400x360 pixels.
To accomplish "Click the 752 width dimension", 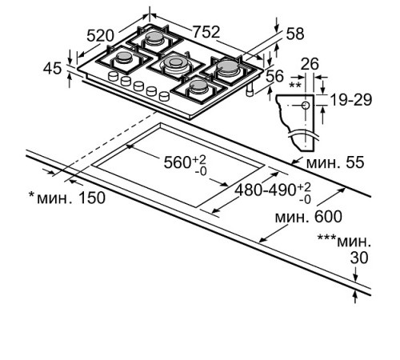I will [x=206, y=31].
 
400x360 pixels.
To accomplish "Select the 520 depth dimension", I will [x=100, y=37].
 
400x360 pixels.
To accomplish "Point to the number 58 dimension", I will [x=295, y=34].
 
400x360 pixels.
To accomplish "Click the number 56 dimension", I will [x=274, y=76].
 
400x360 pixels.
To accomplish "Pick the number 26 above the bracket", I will [x=311, y=63].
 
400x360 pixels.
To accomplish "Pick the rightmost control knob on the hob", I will [x=164, y=95].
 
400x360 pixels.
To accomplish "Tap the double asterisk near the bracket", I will [x=294, y=84].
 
